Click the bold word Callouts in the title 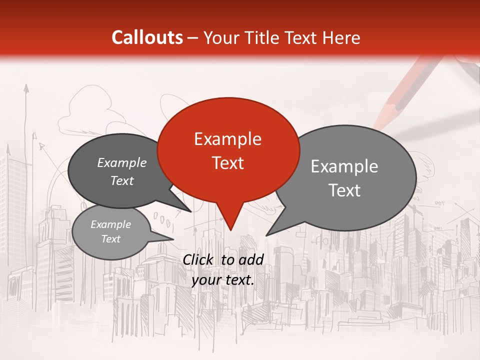[147, 37]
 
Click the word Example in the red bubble [227, 139]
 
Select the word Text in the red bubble [228, 162]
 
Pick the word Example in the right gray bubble [344, 166]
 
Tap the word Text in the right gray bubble [344, 190]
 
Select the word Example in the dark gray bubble [122, 163]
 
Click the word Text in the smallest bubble [111, 239]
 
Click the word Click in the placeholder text [199, 259]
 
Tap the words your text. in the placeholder [223, 280]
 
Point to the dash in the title [193, 38]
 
